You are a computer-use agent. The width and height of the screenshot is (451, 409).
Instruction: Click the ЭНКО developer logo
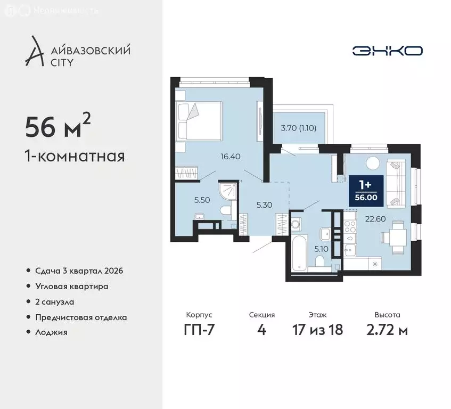point(388,51)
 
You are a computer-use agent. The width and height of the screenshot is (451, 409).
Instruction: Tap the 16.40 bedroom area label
point(231,157)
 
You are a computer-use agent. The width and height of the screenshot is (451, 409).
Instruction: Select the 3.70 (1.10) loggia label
point(299,128)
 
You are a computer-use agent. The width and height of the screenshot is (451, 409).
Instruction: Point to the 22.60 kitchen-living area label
point(375,219)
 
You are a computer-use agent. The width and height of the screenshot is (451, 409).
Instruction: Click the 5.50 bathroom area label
point(202,200)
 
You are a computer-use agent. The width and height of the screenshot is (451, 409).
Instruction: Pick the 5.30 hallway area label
point(264,205)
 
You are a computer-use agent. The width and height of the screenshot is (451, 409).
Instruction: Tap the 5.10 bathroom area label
point(321,249)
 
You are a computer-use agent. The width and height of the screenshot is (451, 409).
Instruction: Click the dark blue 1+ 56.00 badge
point(366,191)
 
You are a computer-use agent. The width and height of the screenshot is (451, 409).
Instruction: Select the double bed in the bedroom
point(200,121)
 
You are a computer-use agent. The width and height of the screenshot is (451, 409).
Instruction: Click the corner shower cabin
point(228,192)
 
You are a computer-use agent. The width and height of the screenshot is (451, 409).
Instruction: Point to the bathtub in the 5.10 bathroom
point(299,252)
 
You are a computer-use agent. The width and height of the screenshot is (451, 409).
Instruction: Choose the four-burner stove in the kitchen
point(350,226)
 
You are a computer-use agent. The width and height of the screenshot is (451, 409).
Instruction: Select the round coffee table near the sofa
point(373,163)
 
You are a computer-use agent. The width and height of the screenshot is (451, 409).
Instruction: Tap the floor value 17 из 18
point(317,329)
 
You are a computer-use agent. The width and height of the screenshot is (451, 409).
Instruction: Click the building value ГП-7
point(199,330)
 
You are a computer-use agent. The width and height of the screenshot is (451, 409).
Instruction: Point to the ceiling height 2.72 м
point(387,330)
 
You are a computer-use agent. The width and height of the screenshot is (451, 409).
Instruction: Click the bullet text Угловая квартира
point(72,287)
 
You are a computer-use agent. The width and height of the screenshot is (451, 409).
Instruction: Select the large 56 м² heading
point(58,125)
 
